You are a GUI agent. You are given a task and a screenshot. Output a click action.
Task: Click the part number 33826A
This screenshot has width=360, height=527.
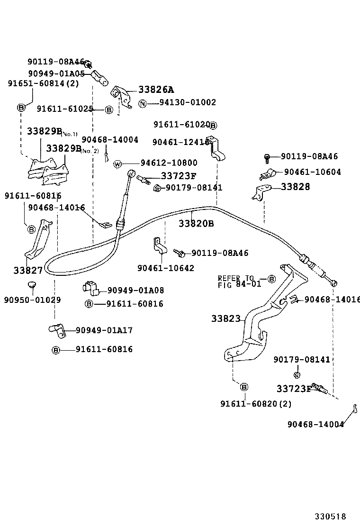(x=156, y=90)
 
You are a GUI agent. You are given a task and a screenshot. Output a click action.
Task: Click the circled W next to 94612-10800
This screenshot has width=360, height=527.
(x=118, y=164)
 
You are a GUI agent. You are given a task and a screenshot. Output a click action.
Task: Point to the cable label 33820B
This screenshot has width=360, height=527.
(x=196, y=223)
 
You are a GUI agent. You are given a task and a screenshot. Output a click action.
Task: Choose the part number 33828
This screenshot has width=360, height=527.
(x=295, y=187)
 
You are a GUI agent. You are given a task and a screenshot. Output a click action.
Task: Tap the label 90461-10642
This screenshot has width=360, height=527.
(x=166, y=268)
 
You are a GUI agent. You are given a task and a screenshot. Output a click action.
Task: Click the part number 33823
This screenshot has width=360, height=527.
(x=226, y=319)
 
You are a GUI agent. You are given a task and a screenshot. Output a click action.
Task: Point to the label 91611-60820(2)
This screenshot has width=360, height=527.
(x=255, y=403)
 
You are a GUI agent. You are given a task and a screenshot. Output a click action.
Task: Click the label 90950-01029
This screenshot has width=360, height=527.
(x=32, y=300)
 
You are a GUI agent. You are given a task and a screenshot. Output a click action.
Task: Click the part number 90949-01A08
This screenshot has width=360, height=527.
(x=135, y=291)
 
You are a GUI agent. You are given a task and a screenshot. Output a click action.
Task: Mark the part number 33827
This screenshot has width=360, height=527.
(x=28, y=270)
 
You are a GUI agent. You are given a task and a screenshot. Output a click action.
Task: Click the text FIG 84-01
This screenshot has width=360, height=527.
(x=239, y=284)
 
